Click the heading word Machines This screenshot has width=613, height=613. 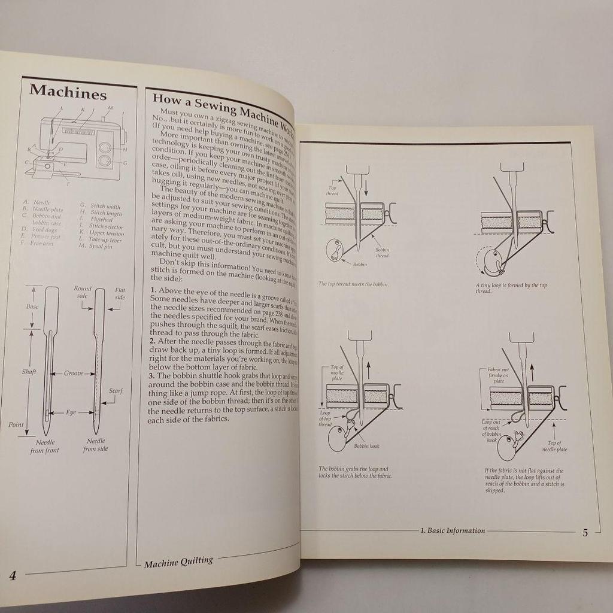click(68, 93)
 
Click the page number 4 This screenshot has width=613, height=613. click(13, 576)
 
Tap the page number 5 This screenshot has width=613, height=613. click(585, 532)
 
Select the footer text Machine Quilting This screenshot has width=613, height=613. click(178, 562)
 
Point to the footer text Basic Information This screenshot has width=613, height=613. click(453, 530)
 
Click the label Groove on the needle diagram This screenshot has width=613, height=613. click(74, 373)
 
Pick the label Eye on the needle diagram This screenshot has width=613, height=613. click(71, 412)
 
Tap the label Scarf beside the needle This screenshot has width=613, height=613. click(116, 391)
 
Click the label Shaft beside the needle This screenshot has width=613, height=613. click(29, 372)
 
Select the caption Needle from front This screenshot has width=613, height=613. click(45, 445)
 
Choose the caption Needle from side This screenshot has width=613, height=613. click(96, 445)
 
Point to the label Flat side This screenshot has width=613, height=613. click(120, 294)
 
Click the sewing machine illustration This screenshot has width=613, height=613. click(75, 144)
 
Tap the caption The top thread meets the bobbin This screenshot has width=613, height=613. click(353, 284)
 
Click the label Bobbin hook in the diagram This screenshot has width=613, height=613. click(366, 446)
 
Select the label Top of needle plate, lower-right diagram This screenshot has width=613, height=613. click(554, 445)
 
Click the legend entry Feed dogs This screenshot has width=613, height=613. click(43, 229)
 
